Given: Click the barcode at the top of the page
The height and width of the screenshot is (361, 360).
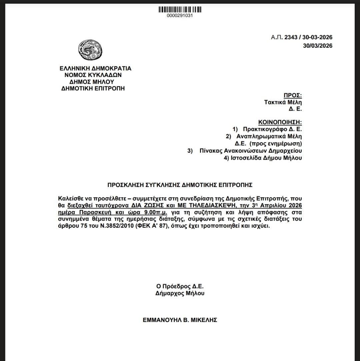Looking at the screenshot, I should tap(180, 10).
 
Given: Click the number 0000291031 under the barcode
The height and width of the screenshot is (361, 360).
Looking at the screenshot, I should tap(180, 16).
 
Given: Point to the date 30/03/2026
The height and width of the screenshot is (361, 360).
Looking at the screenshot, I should tap(317, 46).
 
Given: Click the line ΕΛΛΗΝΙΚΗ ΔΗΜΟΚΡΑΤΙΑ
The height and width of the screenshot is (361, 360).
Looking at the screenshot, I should tap(95, 68).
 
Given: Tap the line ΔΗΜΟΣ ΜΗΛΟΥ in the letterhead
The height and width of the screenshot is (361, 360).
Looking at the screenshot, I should tap(92, 82).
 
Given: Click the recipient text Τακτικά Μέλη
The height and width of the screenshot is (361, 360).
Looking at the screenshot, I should tap(283, 102).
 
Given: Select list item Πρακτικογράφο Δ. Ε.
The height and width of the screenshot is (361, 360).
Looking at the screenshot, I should tap(272, 129).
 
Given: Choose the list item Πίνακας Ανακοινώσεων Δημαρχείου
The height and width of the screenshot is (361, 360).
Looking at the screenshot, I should tap(251, 151).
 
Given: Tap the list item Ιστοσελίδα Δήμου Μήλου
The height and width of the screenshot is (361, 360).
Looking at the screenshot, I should tap(263, 158).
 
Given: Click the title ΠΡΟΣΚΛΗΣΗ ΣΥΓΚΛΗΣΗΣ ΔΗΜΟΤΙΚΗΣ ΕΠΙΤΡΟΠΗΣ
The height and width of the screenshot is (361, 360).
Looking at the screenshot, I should tap(180, 185).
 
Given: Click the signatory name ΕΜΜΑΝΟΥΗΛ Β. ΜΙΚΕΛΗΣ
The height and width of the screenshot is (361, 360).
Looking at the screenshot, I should tap(180, 320).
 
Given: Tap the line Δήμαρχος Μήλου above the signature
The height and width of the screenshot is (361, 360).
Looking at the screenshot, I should tap(180, 293).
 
